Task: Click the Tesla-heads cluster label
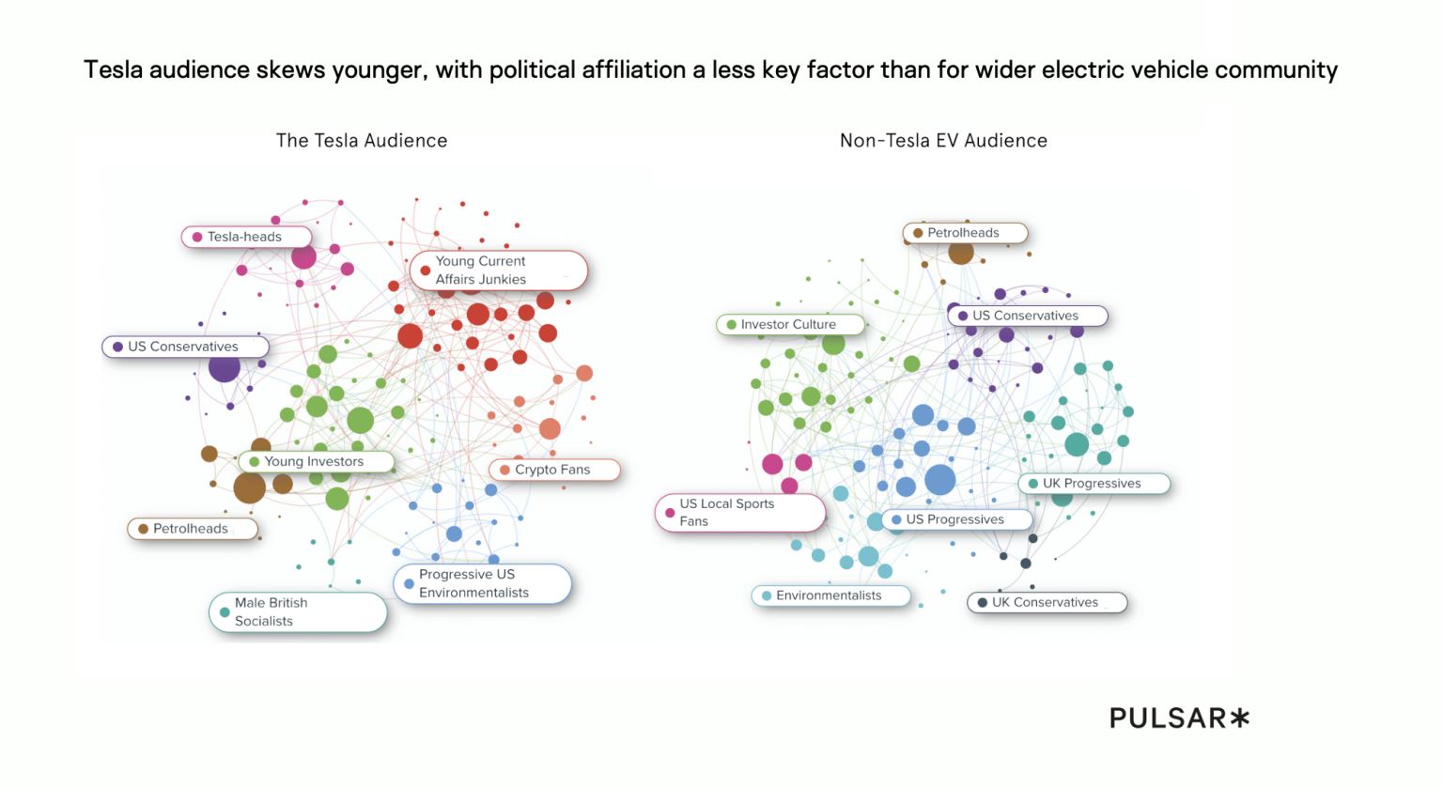coord(245,237)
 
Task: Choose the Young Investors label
coord(315,461)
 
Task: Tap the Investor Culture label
coord(789,324)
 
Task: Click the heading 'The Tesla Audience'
coord(362,141)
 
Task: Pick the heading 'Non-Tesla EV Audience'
coord(943,141)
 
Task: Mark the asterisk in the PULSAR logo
coord(1240,718)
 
